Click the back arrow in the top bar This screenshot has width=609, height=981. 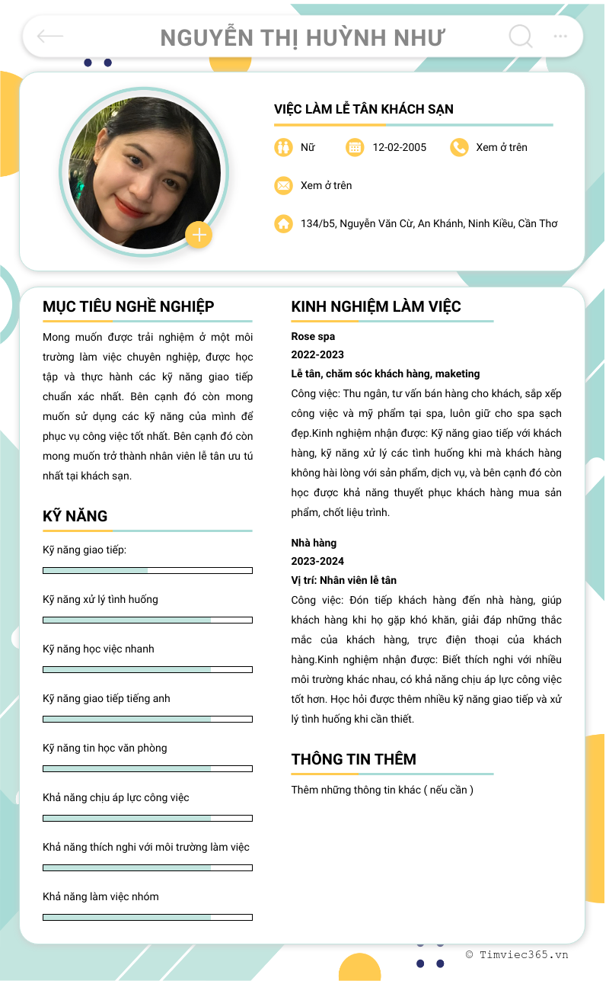point(50,36)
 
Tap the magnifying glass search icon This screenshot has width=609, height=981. point(520,36)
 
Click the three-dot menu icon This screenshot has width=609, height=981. point(560,36)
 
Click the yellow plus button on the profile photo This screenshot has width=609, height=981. point(199,235)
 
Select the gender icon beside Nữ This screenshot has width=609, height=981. point(283,147)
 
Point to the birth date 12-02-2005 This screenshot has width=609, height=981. point(399,147)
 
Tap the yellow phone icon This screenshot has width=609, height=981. point(459,147)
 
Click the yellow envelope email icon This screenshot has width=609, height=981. point(283,185)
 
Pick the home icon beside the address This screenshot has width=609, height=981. point(283,223)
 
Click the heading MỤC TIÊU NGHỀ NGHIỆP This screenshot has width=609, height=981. point(129,306)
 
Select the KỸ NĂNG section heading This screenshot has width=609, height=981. point(75,516)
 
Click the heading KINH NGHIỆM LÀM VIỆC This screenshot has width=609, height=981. point(376,306)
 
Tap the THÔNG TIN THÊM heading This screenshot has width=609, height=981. point(353,759)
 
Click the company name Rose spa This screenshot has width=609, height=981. point(313,336)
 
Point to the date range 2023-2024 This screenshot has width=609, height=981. point(317,561)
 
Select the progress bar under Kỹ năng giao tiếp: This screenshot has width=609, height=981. point(148,570)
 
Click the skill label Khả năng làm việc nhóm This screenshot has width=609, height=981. point(100,896)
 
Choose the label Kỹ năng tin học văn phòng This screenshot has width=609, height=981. point(104,748)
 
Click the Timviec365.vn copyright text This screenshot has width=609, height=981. point(517,954)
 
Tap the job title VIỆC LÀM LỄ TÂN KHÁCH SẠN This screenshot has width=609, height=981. point(364,109)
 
